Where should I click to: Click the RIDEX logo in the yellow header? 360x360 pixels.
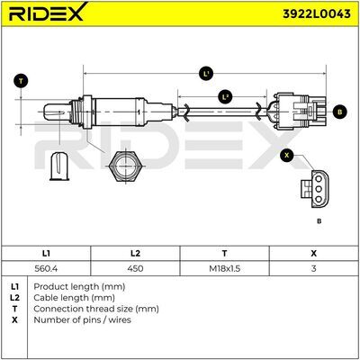pos(48,13)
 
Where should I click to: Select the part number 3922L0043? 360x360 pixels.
pos(317,14)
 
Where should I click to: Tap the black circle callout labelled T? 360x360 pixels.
pos(21,81)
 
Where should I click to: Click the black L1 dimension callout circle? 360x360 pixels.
pos(206,74)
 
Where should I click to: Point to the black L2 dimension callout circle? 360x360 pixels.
pos(225,97)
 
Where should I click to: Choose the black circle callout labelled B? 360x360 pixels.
pos(340,112)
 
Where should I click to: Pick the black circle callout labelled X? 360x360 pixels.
pos(287,155)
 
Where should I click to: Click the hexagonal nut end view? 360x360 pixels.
pos(125,165)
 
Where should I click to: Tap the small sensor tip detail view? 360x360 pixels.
pos(59,166)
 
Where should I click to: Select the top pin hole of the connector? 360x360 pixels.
pos(319,179)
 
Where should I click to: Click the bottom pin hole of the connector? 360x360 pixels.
pos(319,199)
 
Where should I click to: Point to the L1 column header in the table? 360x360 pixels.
pos(46,254)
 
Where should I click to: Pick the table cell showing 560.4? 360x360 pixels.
pos(46,268)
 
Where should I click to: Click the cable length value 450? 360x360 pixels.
pos(135,268)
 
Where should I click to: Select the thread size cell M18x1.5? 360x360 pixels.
pos(224,268)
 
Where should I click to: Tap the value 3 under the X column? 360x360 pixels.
pos(313,268)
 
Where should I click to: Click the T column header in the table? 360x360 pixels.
pos(224,254)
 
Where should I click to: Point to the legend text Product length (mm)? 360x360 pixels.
pos(79,287)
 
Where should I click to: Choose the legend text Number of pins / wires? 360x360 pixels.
pos(82,319)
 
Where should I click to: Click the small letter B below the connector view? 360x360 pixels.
pos(319,221)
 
